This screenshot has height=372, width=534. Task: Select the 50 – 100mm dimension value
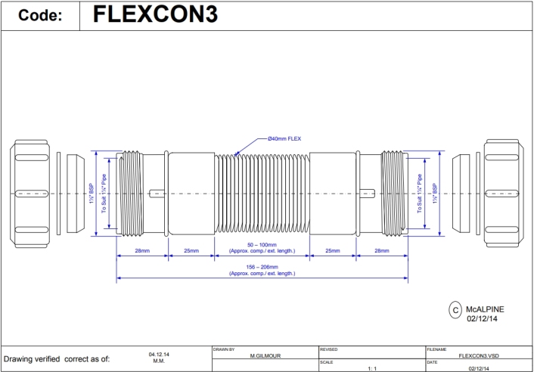[262, 245]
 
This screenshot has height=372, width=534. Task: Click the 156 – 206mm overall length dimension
[262, 267]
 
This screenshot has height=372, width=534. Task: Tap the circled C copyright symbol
[455, 309]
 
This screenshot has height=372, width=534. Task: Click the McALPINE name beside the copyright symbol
[485, 309]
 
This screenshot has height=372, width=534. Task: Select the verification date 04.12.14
[159, 353]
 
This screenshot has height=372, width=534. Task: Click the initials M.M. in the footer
[159, 361]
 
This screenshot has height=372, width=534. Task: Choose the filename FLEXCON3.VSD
[479, 355]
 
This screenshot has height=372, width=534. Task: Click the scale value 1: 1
[371, 368]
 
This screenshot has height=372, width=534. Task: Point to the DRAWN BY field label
[225, 349]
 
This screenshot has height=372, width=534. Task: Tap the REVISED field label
[329, 349]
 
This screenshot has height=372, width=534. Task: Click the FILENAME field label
[438, 349]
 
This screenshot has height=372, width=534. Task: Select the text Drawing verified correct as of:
[57, 358]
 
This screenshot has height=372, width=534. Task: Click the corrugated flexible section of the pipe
[262, 194]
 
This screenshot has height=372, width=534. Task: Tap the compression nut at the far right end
[505, 194]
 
